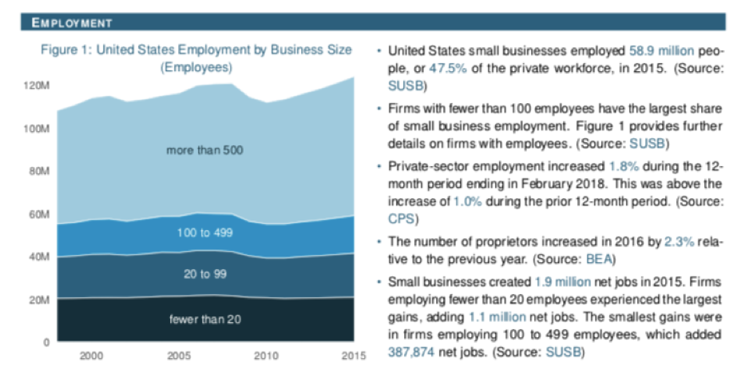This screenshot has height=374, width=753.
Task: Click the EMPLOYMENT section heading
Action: [x=71, y=22]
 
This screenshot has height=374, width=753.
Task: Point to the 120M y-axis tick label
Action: [x=39, y=85]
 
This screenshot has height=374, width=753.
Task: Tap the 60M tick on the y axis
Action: [x=41, y=215]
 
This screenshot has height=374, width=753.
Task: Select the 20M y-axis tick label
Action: [x=41, y=300]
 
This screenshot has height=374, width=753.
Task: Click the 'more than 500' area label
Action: [x=204, y=150]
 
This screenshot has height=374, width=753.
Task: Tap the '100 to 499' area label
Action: [x=204, y=233]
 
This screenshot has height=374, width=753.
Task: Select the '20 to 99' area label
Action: [x=204, y=274]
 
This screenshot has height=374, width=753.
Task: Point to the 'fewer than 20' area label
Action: [x=204, y=320]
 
